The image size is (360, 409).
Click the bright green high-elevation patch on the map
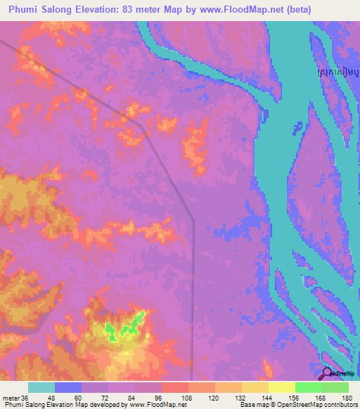pos(127,325)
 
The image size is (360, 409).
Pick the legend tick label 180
pos(348,397)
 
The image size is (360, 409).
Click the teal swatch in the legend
pos(41,387)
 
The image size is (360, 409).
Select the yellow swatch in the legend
pos(282,387)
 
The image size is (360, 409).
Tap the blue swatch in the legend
pos(68,387)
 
